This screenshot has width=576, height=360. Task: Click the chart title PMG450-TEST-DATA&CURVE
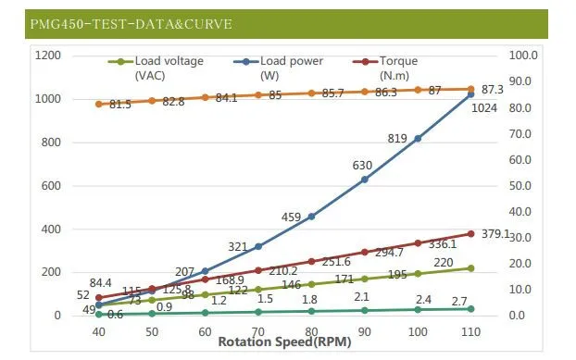click(131, 24)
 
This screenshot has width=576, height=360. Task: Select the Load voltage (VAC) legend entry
click(156, 68)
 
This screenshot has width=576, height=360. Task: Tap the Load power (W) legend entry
click(278, 68)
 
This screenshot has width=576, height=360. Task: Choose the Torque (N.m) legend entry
click(385, 68)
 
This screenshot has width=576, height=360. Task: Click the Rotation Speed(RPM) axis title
click(284, 342)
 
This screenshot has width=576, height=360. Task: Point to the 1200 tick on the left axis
click(48, 56)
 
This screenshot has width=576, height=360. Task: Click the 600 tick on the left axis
click(51, 186)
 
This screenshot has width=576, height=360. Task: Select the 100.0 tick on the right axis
click(522, 56)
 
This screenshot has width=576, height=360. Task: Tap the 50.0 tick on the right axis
click(520, 186)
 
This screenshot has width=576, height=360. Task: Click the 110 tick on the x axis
click(471, 332)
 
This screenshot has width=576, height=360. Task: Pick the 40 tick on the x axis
click(98, 332)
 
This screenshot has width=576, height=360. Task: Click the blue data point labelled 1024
click(471, 94)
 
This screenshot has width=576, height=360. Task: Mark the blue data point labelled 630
click(365, 180)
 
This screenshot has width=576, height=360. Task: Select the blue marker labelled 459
click(311, 217)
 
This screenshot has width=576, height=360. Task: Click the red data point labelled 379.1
click(471, 234)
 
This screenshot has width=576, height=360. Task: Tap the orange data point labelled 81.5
click(98, 105)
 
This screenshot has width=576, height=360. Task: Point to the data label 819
click(397, 138)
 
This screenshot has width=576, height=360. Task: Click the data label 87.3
click(493, 90)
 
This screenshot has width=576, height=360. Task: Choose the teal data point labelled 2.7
click(471, 309)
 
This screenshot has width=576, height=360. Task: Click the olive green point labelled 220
click(471, 268)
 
